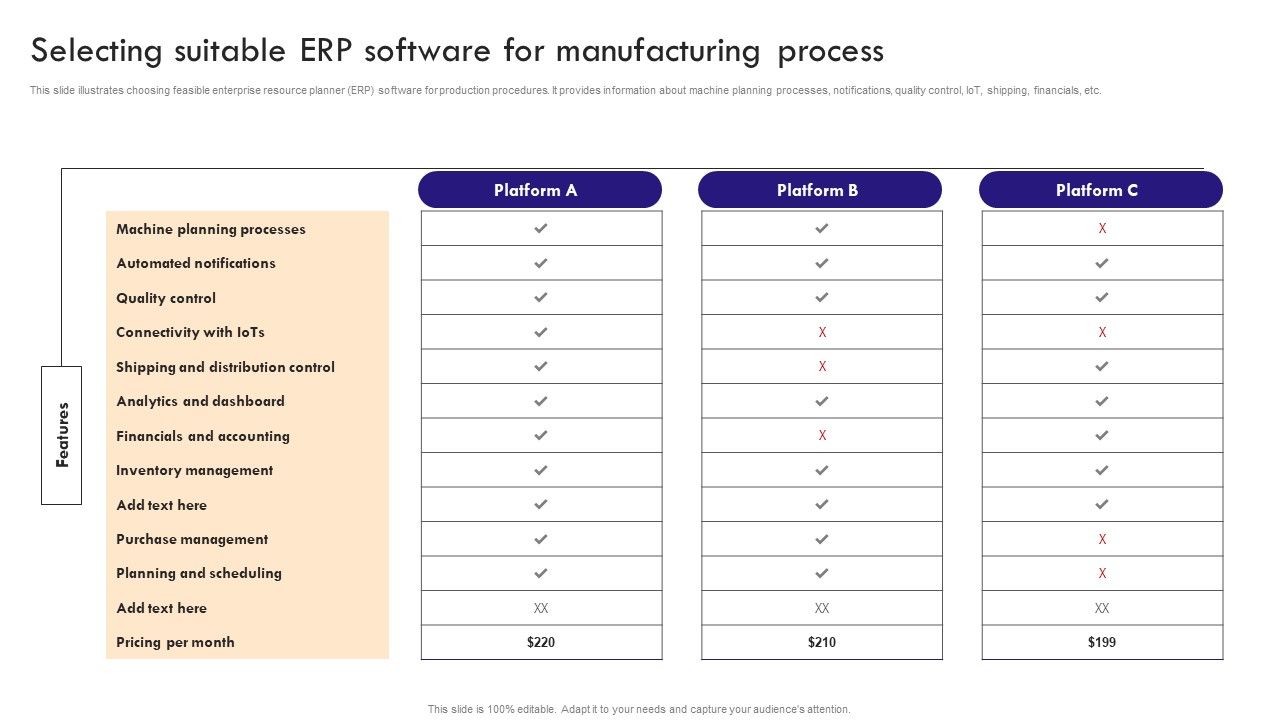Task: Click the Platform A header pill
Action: click(x=540, y=190)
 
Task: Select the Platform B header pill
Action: click(x=820, y=190)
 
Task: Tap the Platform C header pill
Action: click(x=1100, y=190)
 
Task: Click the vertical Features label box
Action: click(x=61, y=435)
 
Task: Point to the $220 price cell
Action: click(x=541, y=642)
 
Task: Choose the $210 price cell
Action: click(x=822, y=642)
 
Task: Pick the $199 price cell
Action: click(x=1102, y=642)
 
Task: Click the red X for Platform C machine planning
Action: click(x=1102, y=229)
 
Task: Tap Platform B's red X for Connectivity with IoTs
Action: click(x=822, y=332)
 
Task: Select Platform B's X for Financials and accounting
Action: click(x=822, y=435)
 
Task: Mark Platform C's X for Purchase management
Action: click(x=1102, y=539)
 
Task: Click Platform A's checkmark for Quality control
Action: click(x=541, y=298)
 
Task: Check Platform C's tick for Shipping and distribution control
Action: click(x=1102, y=367)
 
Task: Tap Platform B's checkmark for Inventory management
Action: click(x=822, y=470)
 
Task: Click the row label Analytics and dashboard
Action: click(x=200, y=401)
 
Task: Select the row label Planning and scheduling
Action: click(x=199, y=573)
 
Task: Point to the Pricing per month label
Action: click(x=175, y=642)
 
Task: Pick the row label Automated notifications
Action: click(x=196, y=263)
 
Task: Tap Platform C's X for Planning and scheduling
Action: click(x=1102, y=573)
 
